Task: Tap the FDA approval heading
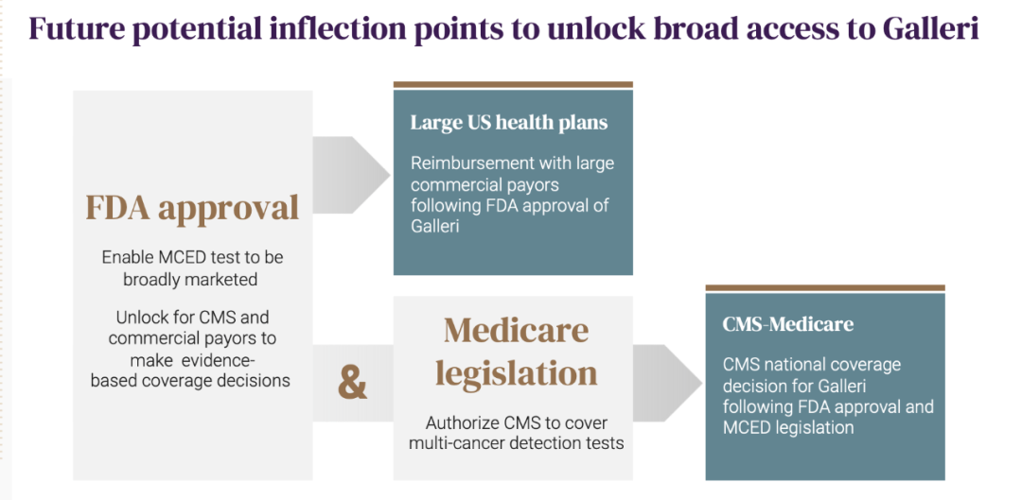(x=192, y=208)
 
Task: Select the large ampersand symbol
(x=353, y=384)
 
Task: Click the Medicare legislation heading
(x=517, y=353)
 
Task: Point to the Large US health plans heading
(x=509, y=122)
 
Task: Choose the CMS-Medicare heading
(x=788, y=324)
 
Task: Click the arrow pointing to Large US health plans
(x=351, y=175)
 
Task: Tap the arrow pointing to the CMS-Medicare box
(x=667, y=384)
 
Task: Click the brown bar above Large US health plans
(x=513, y=85)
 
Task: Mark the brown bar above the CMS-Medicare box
(x=825, y=287)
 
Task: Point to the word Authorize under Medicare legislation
(x=464, y=423)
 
